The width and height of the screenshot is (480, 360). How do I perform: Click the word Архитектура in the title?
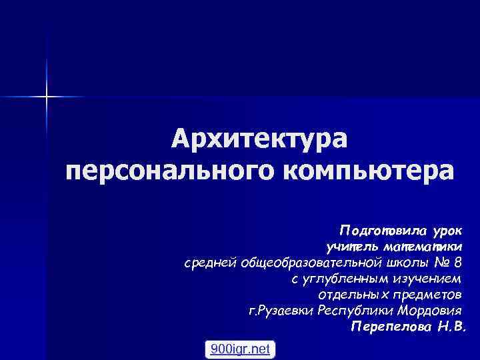click(x=259, y=141)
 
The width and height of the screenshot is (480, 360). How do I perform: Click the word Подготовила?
click(x=383, y=230)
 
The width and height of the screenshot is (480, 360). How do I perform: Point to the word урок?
click(x=451, y=230)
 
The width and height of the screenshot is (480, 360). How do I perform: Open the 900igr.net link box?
click(x=239, y=349)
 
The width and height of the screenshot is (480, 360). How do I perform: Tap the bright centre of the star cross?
click(x=47, y=97)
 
